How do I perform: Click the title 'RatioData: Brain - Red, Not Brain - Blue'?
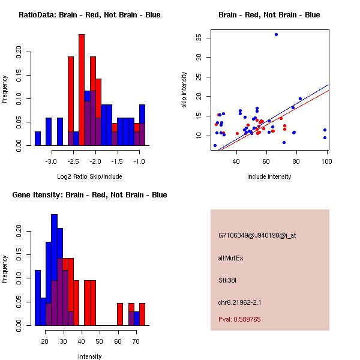[x=89, y=15]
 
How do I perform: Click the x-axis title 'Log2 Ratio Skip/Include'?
[x=89, y=176]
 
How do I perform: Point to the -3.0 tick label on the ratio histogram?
[x=51, y=161]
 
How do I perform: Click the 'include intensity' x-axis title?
[x=269, y=176]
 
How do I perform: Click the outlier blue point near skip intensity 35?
[x=276, y=35]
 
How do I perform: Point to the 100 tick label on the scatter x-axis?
[x=326, y=161]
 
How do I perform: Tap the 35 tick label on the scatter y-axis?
[x=199, y=37]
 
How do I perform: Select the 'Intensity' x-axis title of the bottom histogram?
[x=89, y=356]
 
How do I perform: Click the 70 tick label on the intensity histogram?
[x=136, y=341]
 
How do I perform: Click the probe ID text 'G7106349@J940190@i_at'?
[x=257, y=235]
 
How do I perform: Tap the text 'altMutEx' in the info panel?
[x=231, y=258]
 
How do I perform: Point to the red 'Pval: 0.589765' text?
[x=239, y=320]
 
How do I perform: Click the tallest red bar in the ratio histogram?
[x=82, y=90]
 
